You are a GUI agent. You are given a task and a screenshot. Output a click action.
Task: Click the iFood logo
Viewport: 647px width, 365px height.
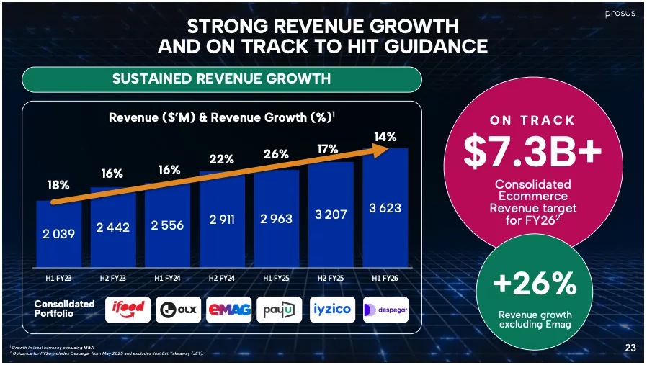[128, 309]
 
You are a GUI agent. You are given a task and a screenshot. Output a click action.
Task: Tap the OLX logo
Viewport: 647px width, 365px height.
[179, 309]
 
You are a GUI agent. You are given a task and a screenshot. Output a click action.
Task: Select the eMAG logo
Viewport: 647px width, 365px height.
[229, 309]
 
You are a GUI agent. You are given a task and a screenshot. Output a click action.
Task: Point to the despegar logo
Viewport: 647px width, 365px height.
[385, 309]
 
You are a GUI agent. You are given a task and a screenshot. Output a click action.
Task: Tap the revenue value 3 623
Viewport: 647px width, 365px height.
[385, 208]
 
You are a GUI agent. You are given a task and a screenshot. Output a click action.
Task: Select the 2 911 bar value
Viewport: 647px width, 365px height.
[222, 220]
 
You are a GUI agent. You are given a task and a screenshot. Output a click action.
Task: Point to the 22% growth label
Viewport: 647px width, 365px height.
[222, 159]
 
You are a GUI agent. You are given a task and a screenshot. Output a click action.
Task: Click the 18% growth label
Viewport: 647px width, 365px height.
[58, 186]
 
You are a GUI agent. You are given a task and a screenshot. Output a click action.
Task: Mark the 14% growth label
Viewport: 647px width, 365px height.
[385, 136]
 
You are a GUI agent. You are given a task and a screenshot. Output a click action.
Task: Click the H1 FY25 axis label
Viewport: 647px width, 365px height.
[276, 278]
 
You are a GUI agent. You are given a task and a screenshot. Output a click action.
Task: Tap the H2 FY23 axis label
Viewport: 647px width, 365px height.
[112, 278]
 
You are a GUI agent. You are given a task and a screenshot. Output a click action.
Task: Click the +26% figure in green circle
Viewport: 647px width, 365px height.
[535, 284]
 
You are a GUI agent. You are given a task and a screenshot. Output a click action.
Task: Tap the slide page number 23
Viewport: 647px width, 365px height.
[630, 348]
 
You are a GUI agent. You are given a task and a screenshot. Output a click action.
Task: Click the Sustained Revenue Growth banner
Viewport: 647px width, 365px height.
[222, 78]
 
